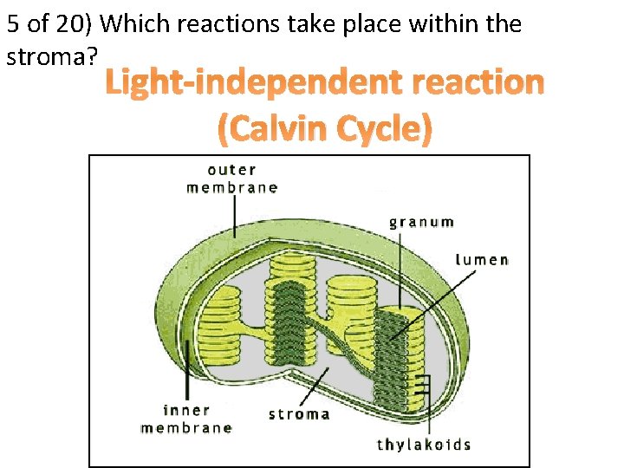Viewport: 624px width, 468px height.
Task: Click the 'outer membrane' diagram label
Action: [231, 178]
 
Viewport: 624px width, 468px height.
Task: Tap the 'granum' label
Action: [421, 222]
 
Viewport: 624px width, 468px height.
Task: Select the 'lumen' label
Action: [482, 259]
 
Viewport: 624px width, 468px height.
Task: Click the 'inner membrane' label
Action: [186, 419]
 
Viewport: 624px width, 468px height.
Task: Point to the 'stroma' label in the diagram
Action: [299, 413]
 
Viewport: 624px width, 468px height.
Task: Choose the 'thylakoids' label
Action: [424, 445]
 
